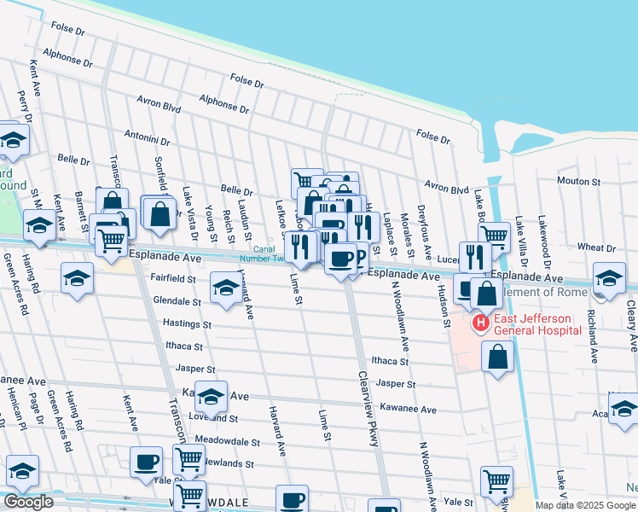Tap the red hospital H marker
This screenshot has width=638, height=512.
point(480,323)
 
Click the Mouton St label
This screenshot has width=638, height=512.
point(579,181)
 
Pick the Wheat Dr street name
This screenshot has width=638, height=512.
point(596,247)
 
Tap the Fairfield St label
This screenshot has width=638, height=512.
point(174,278)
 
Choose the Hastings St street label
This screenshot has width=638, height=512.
point(187,324)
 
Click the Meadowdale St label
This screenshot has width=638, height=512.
point(227,441)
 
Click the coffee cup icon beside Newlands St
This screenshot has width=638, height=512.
point(146,462)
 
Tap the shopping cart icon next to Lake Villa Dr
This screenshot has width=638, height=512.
point(494,236)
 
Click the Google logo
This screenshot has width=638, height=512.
point(27,502)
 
